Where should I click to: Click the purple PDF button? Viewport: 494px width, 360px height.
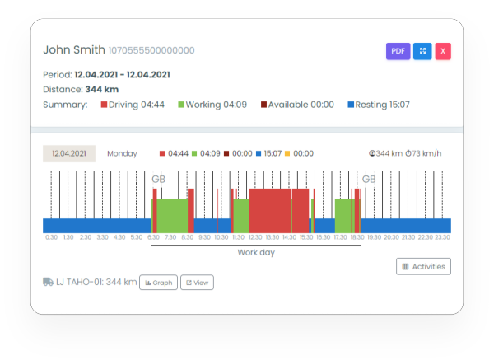click(x=398, y=51)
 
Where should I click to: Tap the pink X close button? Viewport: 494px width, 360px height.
click(x=443, y=51)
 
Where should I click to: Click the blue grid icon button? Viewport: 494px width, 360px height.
click(x=422, y=51)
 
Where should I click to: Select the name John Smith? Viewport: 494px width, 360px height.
click(x=74, y=50)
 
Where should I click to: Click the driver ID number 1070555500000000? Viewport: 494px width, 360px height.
click(x=151, y=51)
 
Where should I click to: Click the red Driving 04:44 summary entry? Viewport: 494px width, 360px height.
click(x=132, y=105)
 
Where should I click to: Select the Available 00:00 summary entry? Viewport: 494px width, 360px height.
click(x=297, y=105)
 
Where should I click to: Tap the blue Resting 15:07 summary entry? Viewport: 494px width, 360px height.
click(x=379, y=105)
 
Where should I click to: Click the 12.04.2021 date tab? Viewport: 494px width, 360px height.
click(x=69, y=153)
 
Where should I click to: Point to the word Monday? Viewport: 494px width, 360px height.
click(x=122, y=153)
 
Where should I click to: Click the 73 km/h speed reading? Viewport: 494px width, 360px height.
click(x=429, y=153)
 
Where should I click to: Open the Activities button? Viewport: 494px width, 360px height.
click(x=423, y=266)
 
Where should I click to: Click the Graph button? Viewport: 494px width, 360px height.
click(x=158, y=282)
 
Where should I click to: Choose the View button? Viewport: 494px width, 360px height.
click(x=197, y=282)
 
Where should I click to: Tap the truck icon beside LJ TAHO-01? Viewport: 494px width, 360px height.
click(x=49, y=282)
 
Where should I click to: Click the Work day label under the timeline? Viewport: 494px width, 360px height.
click(x=256, y=252)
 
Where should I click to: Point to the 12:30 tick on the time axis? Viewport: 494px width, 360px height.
click(x=256, y=237)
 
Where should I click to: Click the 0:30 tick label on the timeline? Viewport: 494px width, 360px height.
click(x=51, y=237)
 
